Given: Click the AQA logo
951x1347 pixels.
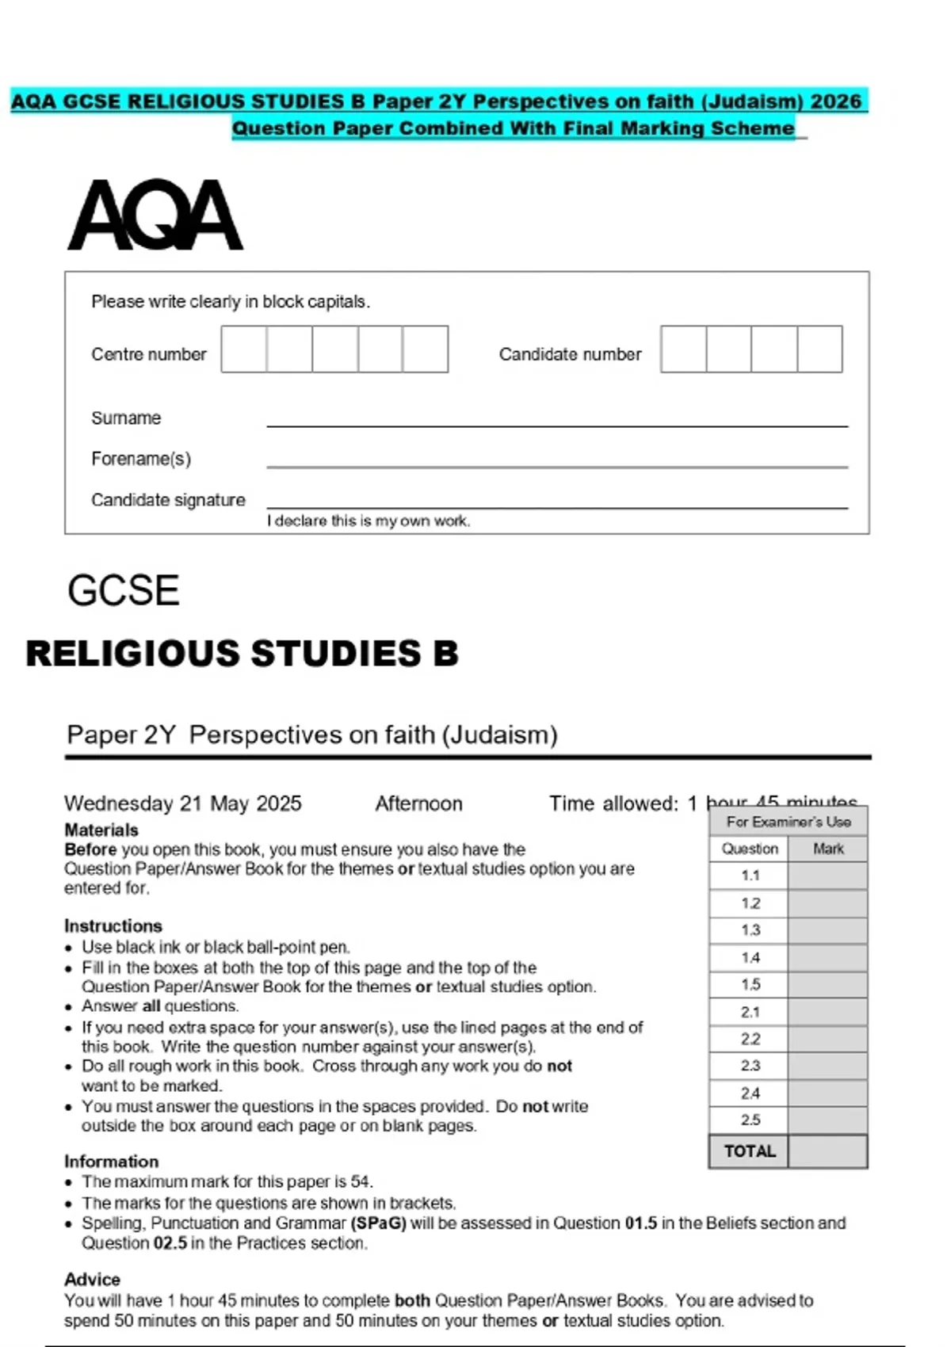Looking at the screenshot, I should pyautogui.click(x=155, y=215).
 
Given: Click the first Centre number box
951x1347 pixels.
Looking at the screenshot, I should pyautogui.click(x=244, y=349).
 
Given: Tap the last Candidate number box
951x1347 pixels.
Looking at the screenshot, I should pyautogui.click(x=819, y=349).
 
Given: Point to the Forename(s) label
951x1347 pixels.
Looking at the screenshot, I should pyautogui.click(x=141, y=459).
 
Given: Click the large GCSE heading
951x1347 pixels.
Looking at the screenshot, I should pyautogui.click(x=124, y=590).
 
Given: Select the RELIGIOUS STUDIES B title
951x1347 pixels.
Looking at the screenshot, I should pyautogui.click(x=243, y=654).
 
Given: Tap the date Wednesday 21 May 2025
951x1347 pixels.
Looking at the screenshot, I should pyautogui.click(x=183, y=803).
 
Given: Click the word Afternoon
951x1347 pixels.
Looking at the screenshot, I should pyautogui.click(x=418, y=803).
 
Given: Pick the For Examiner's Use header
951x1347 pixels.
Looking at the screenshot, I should pyautogui.click(x=789, y=822).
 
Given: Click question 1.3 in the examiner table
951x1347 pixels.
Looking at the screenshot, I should pyautogui.click(x=750, y=930).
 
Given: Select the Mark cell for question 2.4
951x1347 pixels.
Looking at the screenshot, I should pyautogui.click(x=827, y=1093).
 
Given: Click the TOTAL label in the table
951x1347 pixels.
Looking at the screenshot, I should pyautogui.click(x=750, y=1151).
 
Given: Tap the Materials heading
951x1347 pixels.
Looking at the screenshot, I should pyautogui.click(x=101, y=830).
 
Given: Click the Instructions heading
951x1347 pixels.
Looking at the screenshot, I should pyautogui.click(x=113, y=925).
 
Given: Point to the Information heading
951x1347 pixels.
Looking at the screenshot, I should pyautogui.click(x=112, y=1161).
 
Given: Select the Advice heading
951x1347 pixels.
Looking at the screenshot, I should pyautogui.click(x=93, y=1279).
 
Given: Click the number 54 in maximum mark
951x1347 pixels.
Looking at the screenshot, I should pyautogui.click(x=361, y=1181).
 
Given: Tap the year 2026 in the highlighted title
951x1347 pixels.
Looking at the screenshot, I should pyautogui.click(x=836, y=101).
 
